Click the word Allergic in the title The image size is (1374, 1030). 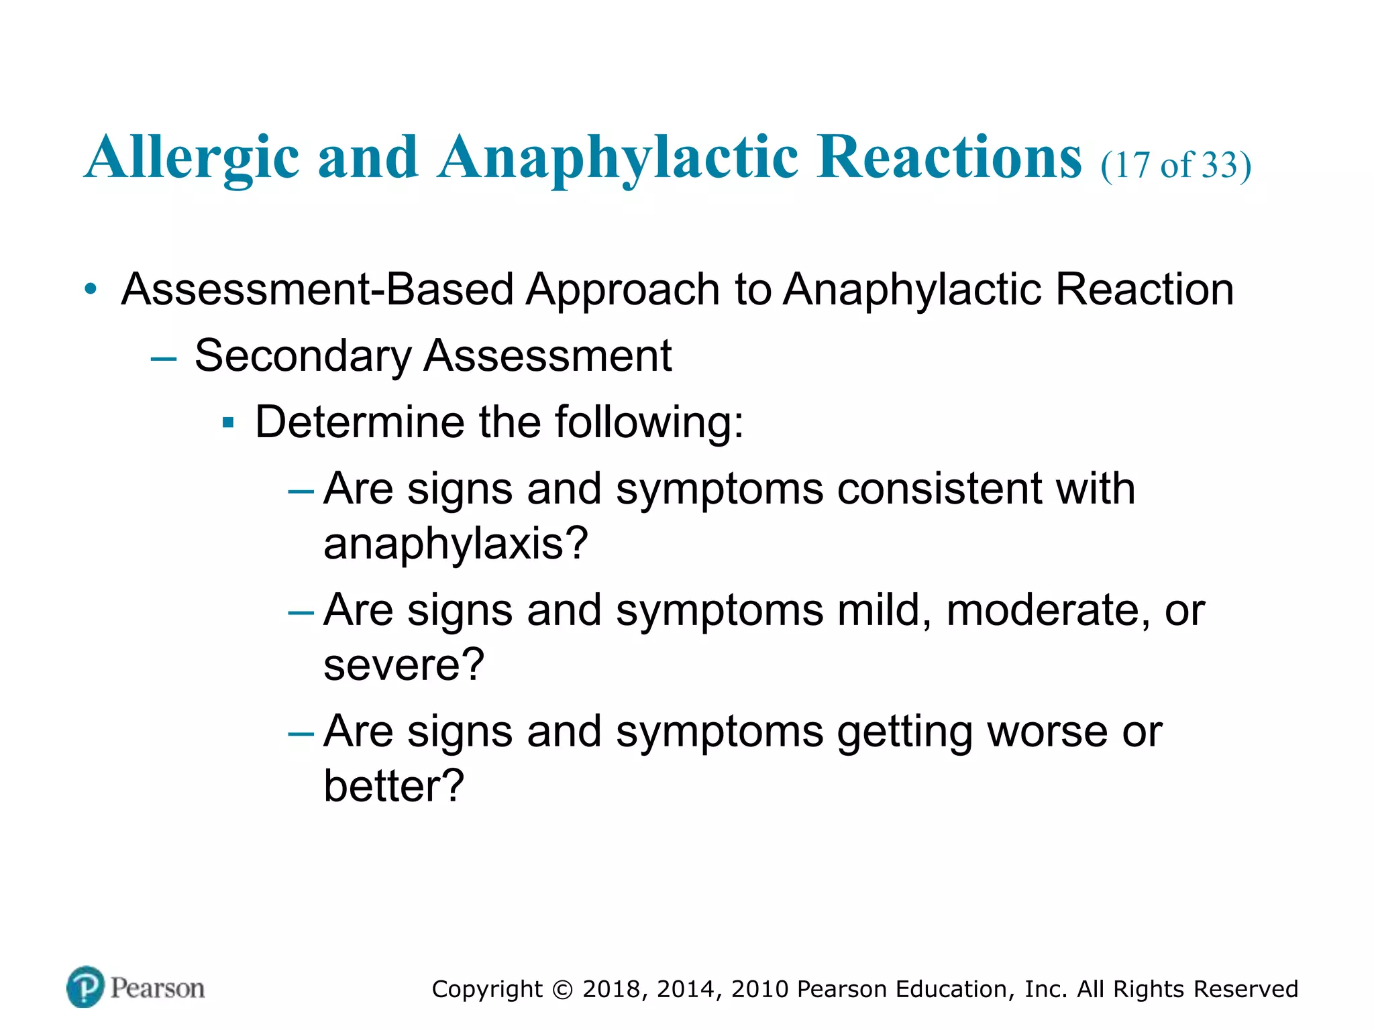(x=192, y=158)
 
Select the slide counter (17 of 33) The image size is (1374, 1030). (x=1175, y=165)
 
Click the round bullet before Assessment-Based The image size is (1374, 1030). (x=91, y=290)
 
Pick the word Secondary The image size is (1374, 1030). (x=303, y=356)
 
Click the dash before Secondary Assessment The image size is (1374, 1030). (x=164, y=359)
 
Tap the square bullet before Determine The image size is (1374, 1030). (x=228, y=423)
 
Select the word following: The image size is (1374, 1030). (x=649, y=423)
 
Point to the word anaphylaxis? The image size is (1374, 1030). (x=456, y=543)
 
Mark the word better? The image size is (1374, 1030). (x=394, y=786)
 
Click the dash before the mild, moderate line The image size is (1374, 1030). (x=301, y=613)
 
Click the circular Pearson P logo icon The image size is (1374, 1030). (x=86, y=987)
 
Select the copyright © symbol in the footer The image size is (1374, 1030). (x=562, y=990)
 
